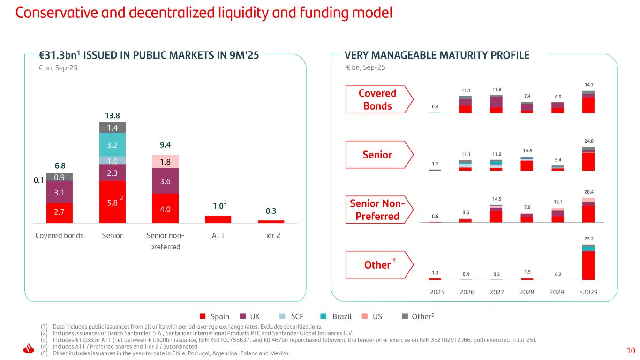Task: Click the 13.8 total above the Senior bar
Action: pos(112,115)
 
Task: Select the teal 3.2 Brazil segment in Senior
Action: pos(112,145)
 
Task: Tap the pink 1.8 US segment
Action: pos(166,161)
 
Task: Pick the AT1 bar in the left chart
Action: pos(218,219)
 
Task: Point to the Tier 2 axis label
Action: pos(271,236)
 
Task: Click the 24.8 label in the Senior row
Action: pos(588,141)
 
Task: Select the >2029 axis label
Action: pos(588,292)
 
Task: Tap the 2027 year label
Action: pos(497,292)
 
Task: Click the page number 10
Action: pos(631,350)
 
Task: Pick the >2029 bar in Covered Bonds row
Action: pos(588,102)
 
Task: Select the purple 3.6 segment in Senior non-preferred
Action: pos(166,180)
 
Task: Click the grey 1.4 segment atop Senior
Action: pos(112,127)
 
